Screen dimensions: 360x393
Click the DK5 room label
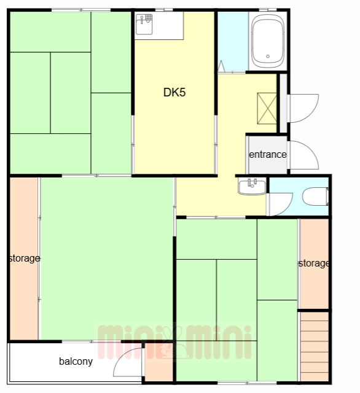pyautogui.click(x=174, y=92)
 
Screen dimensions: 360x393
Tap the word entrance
pyautogui.click(x=268, y=154)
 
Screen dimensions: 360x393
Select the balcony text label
pyautogui.click(x=76, y=362)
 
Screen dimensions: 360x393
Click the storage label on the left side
pyautogui.click(x=25, y=258)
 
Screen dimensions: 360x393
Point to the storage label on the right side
pyautogui.click(x=314, y=263)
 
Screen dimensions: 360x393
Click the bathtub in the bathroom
pyautogui.click(x=268, y=41)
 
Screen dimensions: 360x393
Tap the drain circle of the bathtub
pyautogui.click(x=268, y=56)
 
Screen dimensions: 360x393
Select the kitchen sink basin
pyautogui.click(x=144, y=24)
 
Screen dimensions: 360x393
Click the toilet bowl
pyautogui.click(x=315, y=196)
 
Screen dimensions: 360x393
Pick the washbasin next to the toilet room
pyautogui.click(x=252, y=187)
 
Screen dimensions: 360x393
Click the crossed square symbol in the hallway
pyautogui.click(x=267, y=108)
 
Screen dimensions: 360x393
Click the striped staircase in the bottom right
pyautogui.click(x=315, y=347)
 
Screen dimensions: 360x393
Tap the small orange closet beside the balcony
pyautogui.click(x=159, y=362)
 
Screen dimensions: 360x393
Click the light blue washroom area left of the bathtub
pyautogui.click(x=233, y=41)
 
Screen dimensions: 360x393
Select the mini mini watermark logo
pyautogui.click(x=174, y=341)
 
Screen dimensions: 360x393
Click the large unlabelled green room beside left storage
pyautogui.click(x=107, y=259)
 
